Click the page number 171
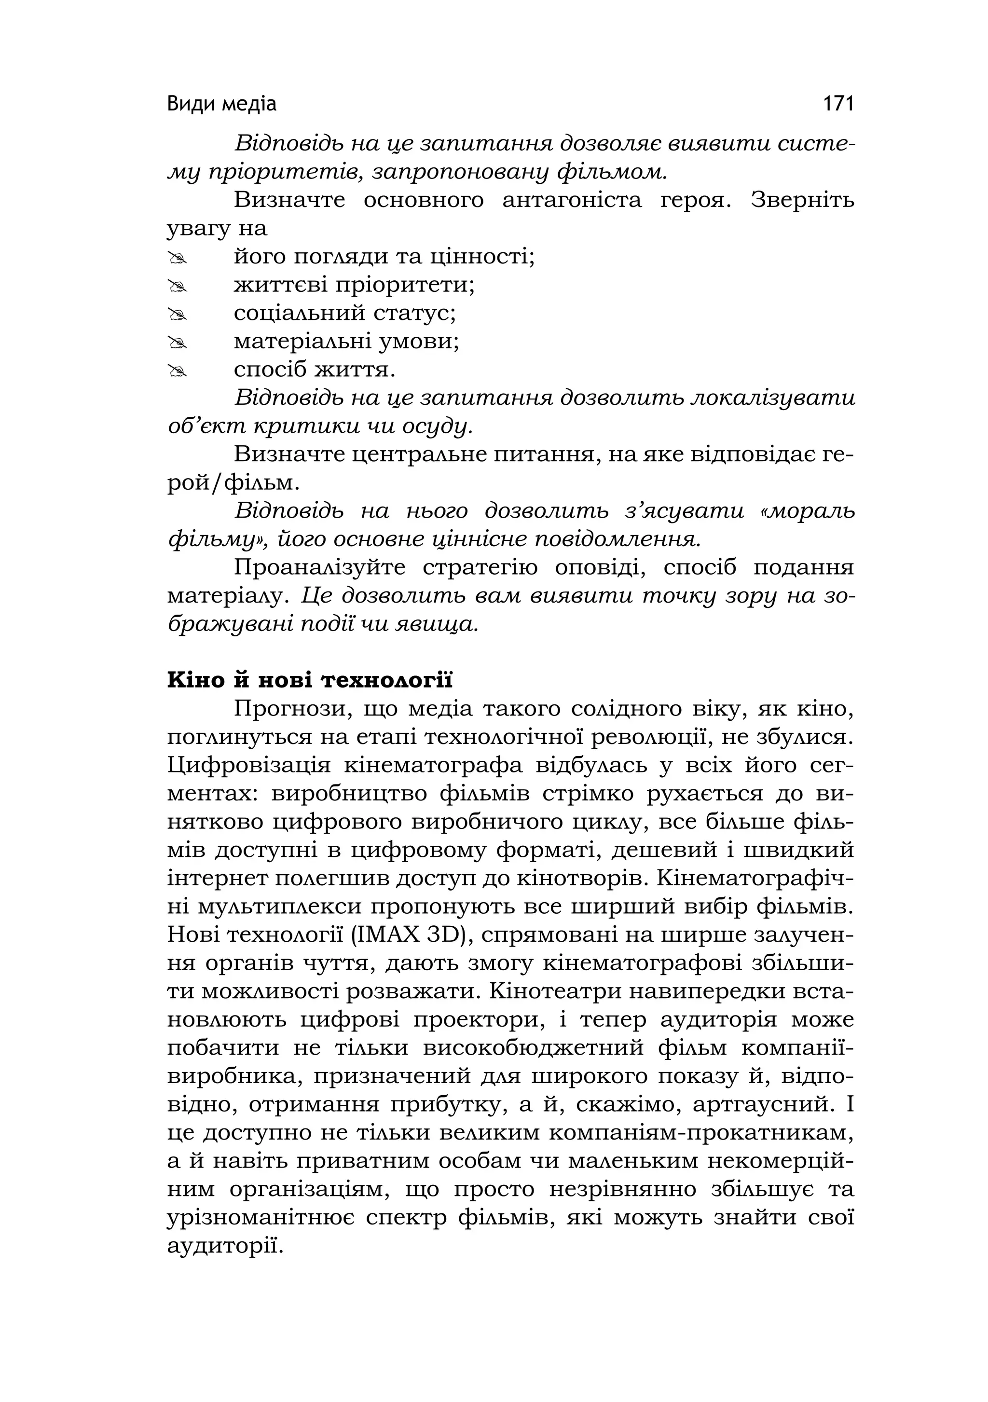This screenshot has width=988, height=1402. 838,104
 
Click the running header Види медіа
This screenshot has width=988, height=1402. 221,104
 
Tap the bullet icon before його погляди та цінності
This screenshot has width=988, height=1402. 177,260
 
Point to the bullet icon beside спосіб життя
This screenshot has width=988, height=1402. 177,372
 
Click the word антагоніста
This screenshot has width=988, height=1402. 572,200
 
